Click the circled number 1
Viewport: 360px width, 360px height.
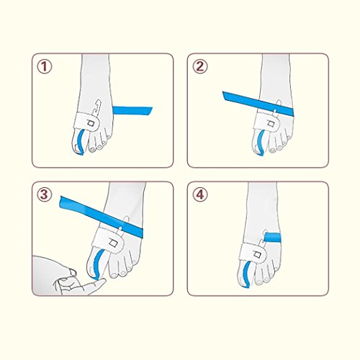pyautogui.click(x=44, y=66)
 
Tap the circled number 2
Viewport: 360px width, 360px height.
pyautogui.click(x=199, y=66)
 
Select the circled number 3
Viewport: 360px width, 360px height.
pyautogui.click(x=44, y=194)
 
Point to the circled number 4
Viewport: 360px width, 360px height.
pyautogui.click(x=199, y=194)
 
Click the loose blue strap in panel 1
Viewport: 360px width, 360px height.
pyautogui.click(x=132, y=111)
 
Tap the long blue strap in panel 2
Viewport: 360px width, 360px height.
pyautogui.click(x=258, y=103)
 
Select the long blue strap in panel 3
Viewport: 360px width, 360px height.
pyautogui.click(x=102, y=217)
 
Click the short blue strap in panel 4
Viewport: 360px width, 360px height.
pyautogui.click(x=272, y=237)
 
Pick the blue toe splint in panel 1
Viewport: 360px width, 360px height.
pyautogui.click(x=81, y=142)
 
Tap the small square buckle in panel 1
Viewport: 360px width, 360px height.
pyautogui.click(x=91, y=123)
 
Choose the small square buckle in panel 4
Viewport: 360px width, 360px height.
pyautogui.click(x=258, y=255)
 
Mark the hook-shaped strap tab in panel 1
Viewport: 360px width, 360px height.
pyautogui.click(x=97, y=107)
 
